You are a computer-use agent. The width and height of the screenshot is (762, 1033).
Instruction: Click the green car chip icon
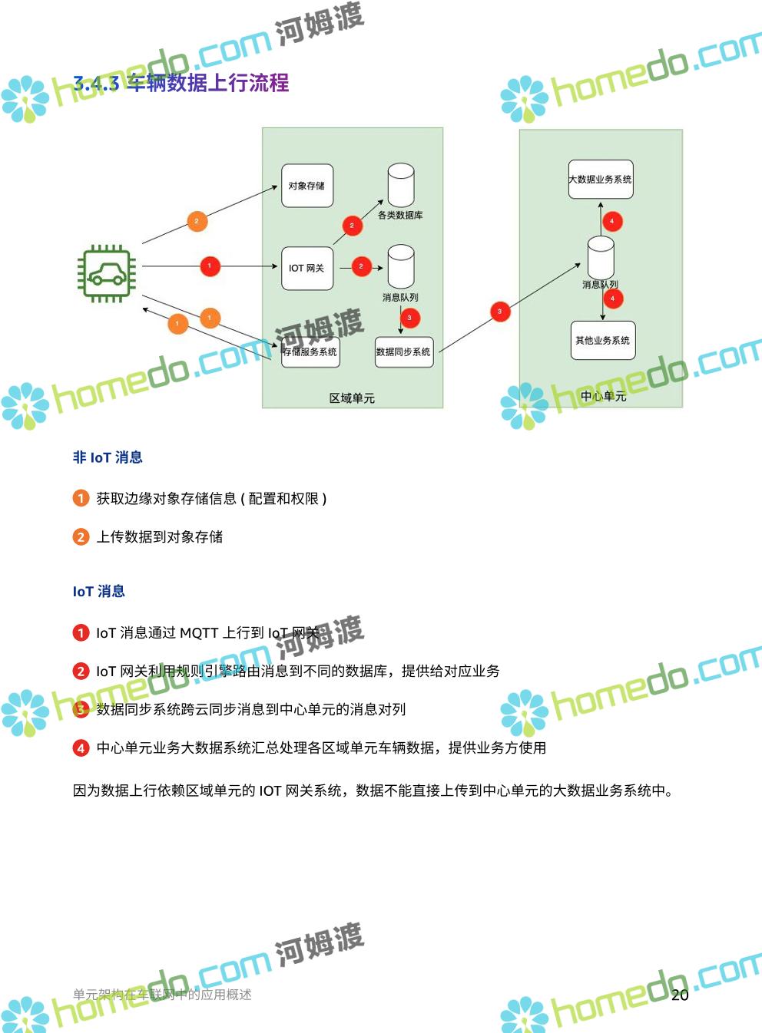106,273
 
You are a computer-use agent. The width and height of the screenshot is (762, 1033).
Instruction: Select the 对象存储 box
307,186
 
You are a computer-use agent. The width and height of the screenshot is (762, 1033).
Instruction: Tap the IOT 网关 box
307,268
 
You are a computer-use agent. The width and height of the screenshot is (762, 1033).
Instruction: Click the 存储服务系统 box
310,352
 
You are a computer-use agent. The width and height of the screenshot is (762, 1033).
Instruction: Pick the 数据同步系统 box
404,352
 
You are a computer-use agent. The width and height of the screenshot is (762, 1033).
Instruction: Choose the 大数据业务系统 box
601,180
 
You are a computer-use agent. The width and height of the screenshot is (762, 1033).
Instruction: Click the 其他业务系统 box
603,341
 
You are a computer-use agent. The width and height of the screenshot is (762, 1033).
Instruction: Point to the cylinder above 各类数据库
401,185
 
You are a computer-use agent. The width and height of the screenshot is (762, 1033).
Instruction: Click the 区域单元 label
352,398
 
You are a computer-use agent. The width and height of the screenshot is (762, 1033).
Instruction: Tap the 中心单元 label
603,396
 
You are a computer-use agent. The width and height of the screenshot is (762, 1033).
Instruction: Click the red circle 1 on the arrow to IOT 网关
210,266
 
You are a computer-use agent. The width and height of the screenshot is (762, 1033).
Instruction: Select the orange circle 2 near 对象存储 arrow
197,221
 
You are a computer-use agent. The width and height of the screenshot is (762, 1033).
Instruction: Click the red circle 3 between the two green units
500,311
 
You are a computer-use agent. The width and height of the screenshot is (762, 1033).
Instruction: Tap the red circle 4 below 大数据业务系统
611,221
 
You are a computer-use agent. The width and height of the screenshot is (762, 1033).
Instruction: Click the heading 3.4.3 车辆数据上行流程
181,83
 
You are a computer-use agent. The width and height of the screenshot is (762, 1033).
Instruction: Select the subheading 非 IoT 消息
108,457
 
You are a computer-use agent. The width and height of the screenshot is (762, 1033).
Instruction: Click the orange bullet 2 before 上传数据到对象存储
81,537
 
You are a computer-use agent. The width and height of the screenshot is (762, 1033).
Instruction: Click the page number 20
680,995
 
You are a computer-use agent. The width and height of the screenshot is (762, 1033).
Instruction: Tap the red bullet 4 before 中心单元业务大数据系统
81,748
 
